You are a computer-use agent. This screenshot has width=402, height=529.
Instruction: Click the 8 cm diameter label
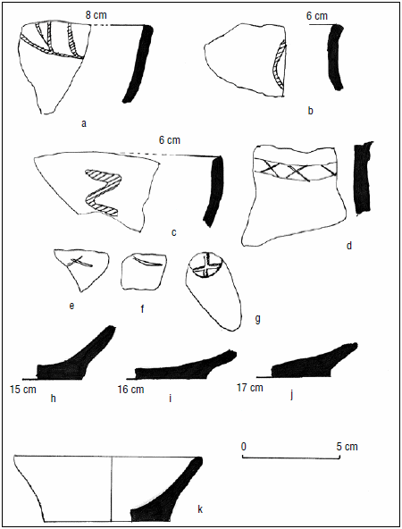click(x=96, y=15)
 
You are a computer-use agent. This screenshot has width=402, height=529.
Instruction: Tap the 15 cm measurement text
click(x=23, y=389)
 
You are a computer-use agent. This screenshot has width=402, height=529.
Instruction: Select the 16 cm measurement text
click(x=130, y=390)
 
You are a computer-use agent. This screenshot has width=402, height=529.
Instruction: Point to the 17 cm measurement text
click(x=249, y=388)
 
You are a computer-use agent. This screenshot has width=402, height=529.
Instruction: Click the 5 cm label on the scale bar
click(x=347, y=447)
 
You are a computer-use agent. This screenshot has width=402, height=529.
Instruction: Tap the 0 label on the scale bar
click(x=244, y=447)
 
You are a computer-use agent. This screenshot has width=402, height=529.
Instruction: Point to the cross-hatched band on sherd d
click(x=295, y=170)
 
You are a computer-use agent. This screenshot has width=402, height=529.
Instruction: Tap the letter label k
click(x=200, y=509)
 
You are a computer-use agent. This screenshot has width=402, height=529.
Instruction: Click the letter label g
click(x=257, y=319)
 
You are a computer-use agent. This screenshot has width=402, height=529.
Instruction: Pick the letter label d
click(x=349, y=245)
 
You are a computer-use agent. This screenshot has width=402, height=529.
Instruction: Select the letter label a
click(x=84, y=124)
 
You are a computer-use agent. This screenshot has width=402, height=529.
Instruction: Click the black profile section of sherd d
click(x=363, y=178)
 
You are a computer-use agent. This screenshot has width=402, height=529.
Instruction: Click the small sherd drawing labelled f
click(x=144, y=272)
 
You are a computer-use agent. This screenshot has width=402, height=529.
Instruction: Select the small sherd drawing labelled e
click(x=82, y=266)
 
